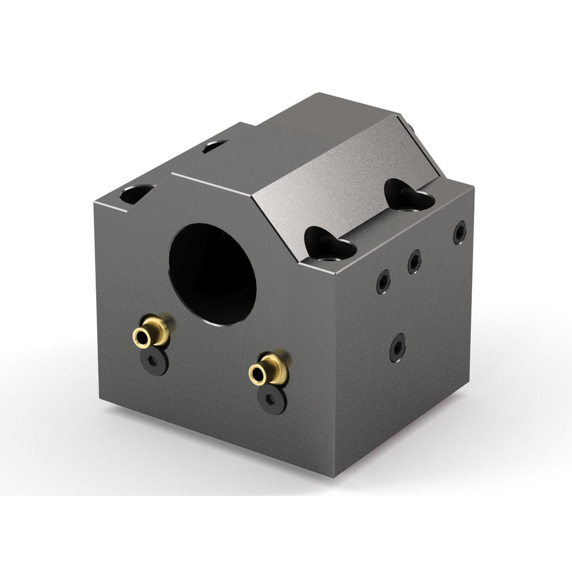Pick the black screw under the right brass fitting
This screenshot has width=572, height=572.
(x=271, y=398)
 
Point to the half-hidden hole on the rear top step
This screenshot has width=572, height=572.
(x=216, y=146)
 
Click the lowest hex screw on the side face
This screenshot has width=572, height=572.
(x=398, y=347)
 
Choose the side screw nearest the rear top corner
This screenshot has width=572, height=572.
(x=459, y=232)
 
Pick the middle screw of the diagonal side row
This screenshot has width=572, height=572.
(x=415, y=261)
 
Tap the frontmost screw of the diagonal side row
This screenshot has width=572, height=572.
(x=383, y=281)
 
